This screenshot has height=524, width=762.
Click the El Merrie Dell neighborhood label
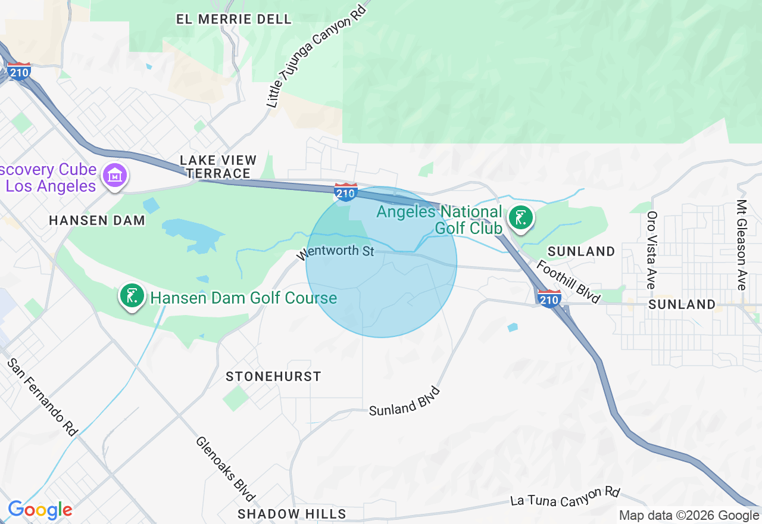pos(234,19)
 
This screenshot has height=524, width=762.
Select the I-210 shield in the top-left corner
pos(19,71)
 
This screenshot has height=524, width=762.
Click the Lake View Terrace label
pos(218,167)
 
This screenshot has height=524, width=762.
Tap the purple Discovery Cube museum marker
pos(115,176)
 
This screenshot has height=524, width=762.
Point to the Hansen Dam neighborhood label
pos(97,220)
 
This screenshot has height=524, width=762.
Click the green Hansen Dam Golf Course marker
pos(132,296)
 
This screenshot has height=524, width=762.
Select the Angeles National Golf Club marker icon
pos(521,218)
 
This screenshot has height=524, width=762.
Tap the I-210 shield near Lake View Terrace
pos(346,192)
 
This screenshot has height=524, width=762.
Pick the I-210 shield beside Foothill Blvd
pos(548,298)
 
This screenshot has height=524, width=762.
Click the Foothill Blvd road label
pos(568,281)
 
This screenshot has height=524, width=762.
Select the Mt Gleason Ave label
pos(741,245)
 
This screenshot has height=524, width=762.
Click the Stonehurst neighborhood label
pos(273,376)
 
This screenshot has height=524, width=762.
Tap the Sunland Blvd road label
pos(404,402)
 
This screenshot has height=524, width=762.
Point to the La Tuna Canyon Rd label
pos(565,496)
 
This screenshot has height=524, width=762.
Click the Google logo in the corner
pos(40,510)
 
